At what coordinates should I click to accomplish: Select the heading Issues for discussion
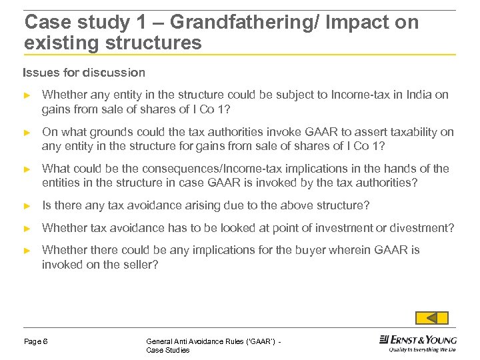tap(84, 72)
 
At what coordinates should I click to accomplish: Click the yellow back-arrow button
tap(431, 318)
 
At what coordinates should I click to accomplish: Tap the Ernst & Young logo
tap(418, 339)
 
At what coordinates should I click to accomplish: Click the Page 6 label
tap(36, 341)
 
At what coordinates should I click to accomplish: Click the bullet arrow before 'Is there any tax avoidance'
tap(27, 205)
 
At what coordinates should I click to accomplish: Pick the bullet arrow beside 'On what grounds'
tap(27, 132)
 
